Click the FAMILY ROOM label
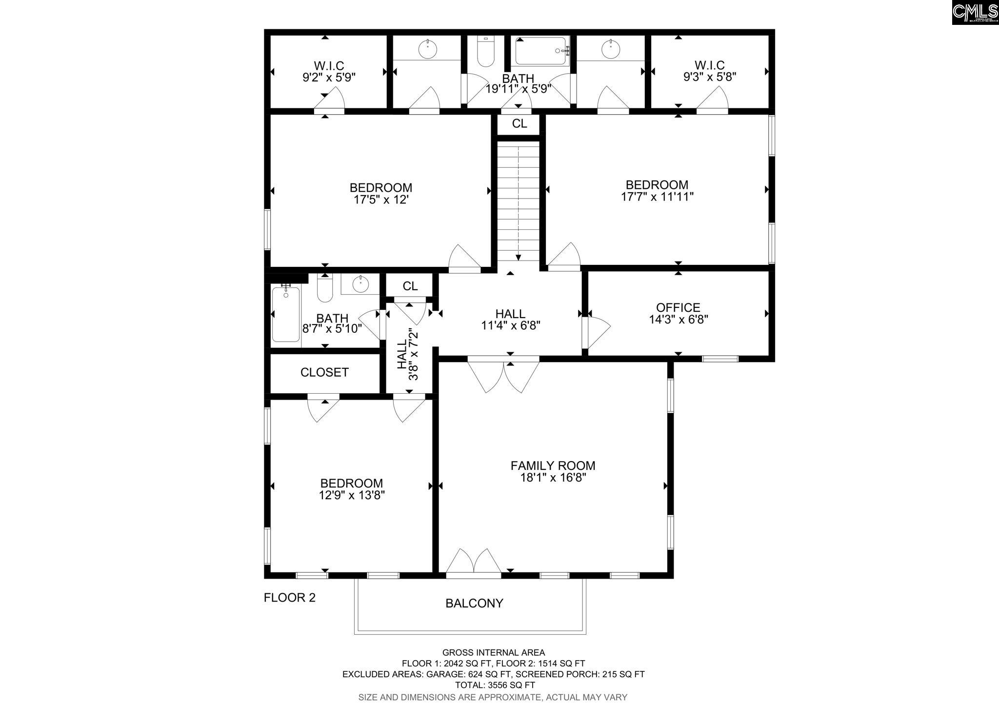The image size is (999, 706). click(x=553, y=465)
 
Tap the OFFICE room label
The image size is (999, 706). click(x=678, y=307)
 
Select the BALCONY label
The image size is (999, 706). click(x=474, y=604)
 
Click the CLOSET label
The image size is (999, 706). click(x=324, y=373)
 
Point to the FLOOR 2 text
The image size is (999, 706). click(x=290, y=598)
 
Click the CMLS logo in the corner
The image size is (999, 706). click(x=975, y=12)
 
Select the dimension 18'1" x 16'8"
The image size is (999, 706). click(x=553, y=478)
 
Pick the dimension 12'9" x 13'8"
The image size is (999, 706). click(x=352, y=495)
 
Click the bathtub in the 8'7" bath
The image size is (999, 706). click(x=286, y=314)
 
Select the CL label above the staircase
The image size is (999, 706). click(x=519, y=124)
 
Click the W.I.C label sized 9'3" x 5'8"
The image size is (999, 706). click(x=709, y=65)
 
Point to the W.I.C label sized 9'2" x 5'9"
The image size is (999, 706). click(x=329, y=65)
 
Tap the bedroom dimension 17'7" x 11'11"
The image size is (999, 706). click(x=657, y=197)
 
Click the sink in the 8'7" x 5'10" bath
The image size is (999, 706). click(x=360, y=283)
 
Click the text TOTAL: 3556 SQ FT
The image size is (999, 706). click(x=493, y=685)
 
